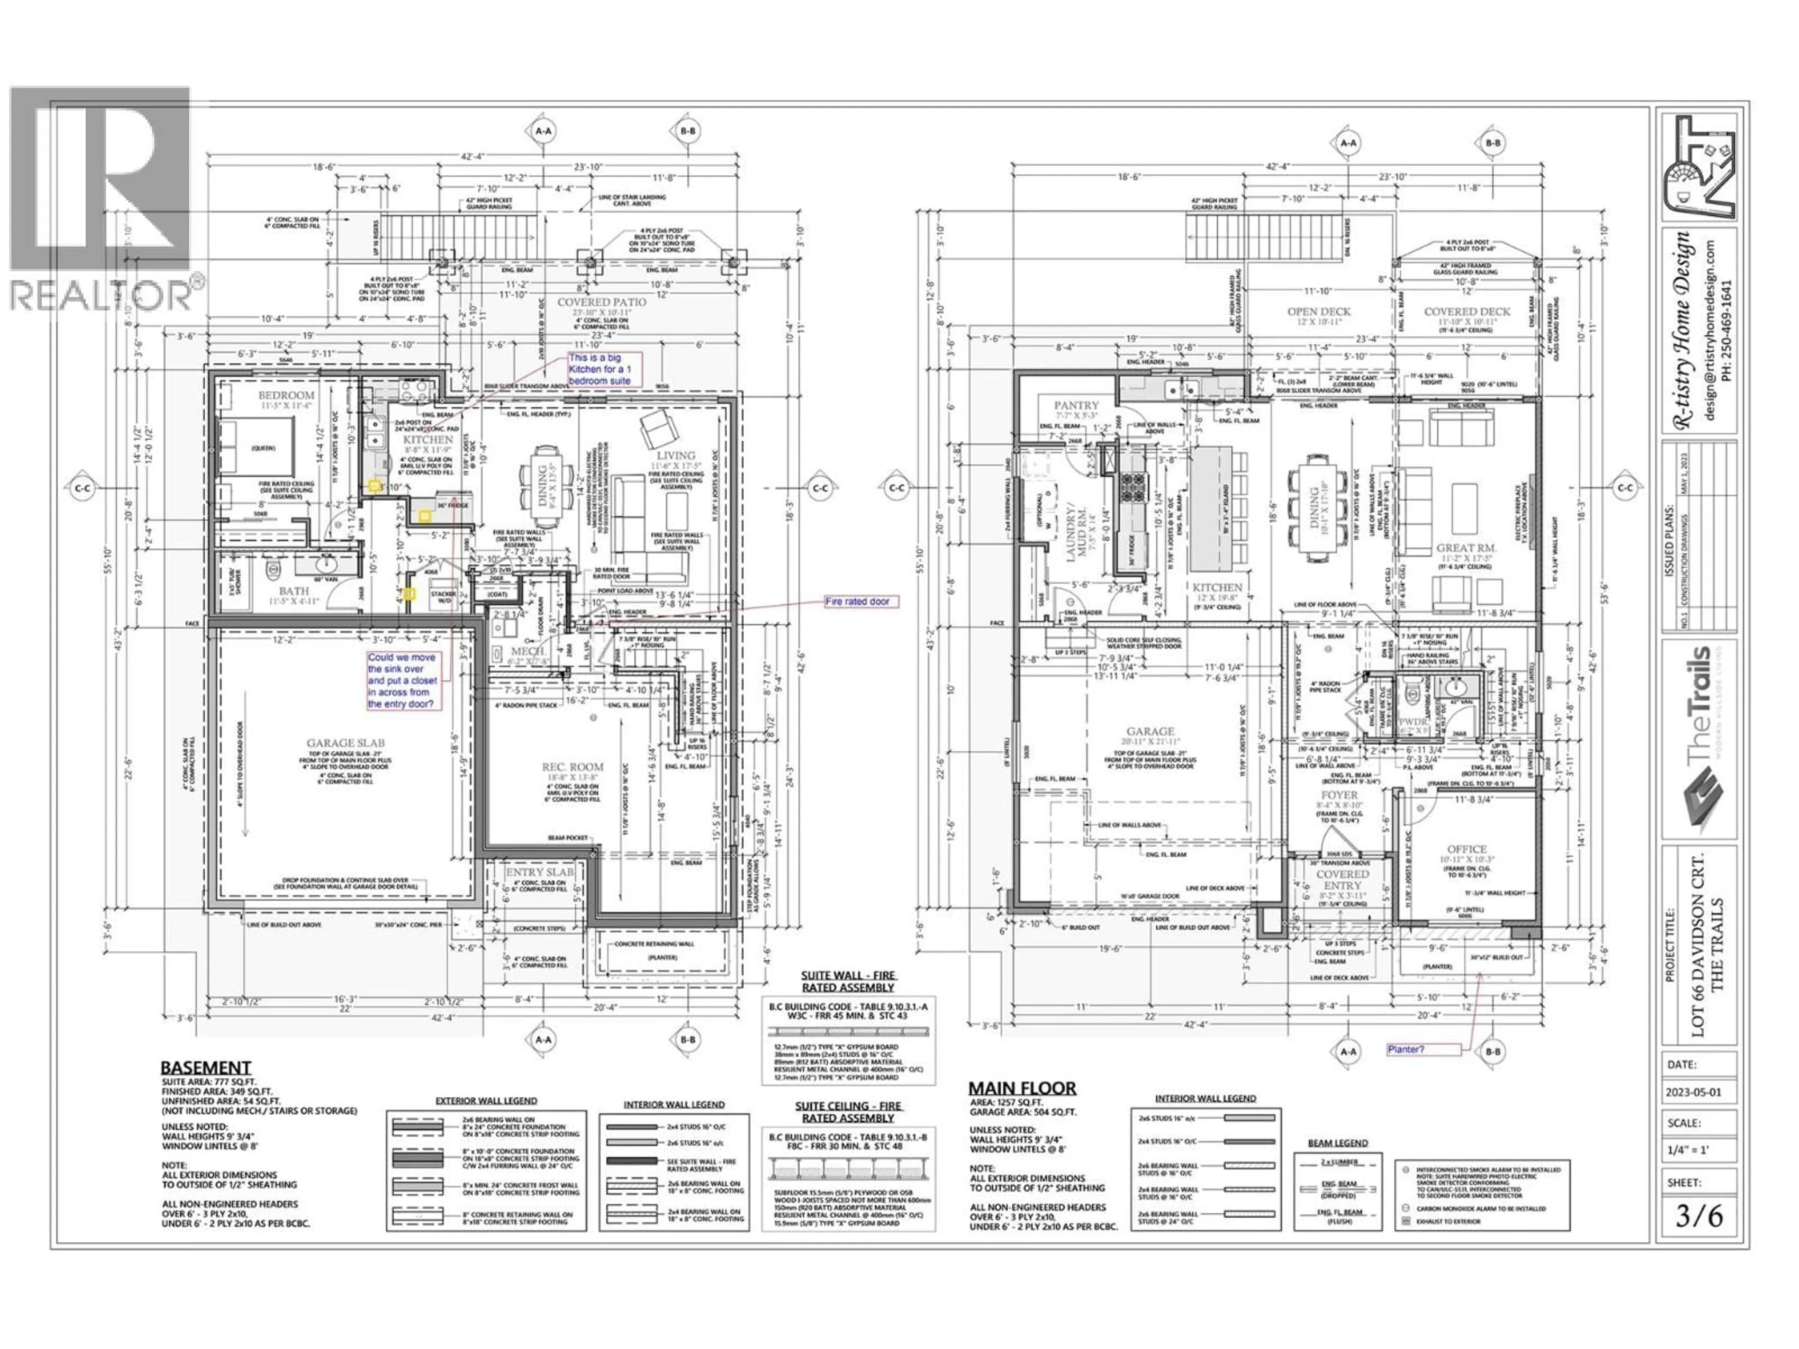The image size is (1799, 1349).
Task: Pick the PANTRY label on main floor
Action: [1076, 405]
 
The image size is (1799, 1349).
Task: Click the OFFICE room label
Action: [1466, 849]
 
